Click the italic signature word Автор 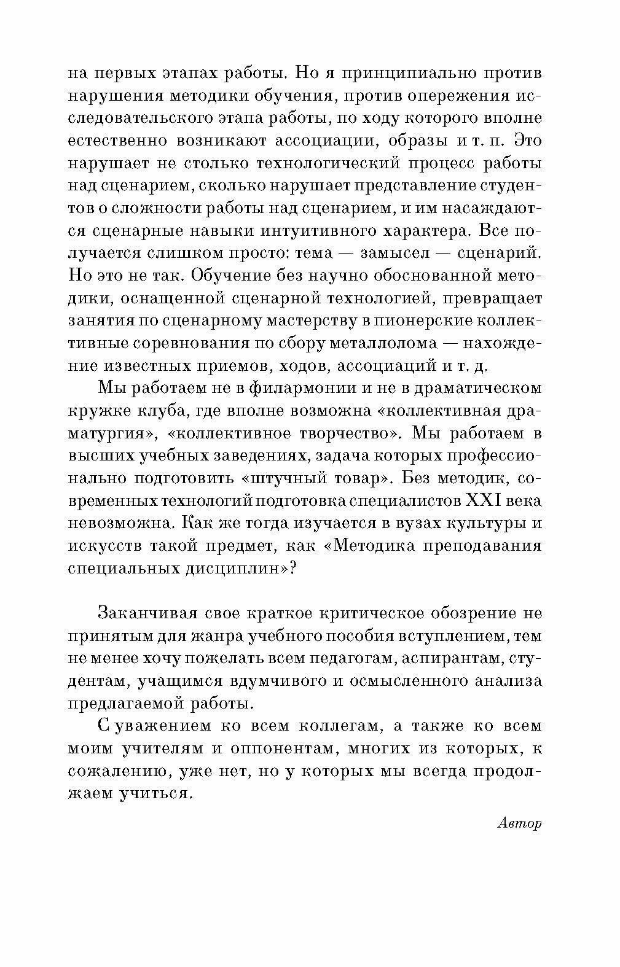click(x=518, y=824)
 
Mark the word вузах click(x=398, y=523)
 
